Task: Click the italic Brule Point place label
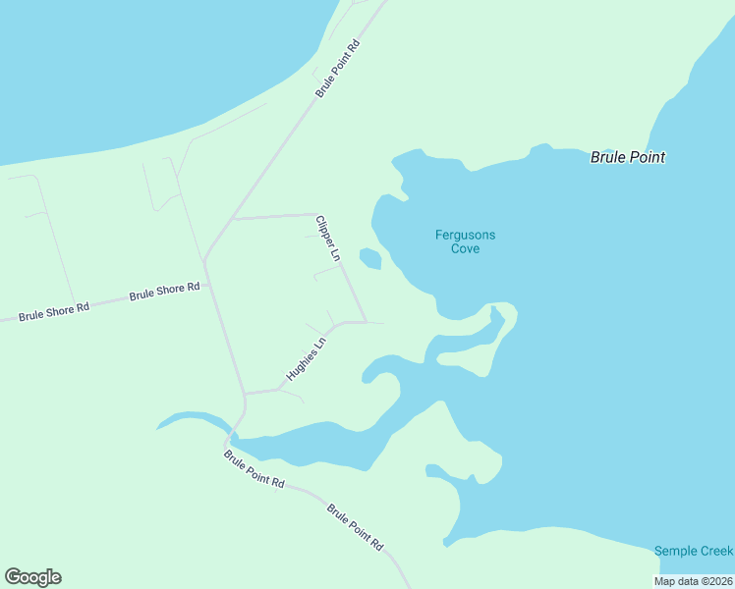coord(627,157)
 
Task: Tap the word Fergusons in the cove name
coord(465,235)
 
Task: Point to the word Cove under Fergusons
coord(465,249)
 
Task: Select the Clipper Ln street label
coord(328,238)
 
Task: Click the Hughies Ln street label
coord(306,360)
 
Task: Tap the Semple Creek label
coord(694,551)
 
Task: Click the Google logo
coord(32,577)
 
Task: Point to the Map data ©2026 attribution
coord(694,581)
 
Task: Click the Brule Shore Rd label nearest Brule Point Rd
coord(165,292)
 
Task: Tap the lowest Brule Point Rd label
coord(356,527)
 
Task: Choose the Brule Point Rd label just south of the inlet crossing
coord(254,470)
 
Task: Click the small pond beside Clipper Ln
coord(370,258)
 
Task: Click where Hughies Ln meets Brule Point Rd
coord(245,393)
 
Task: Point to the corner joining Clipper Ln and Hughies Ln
coord(366,322)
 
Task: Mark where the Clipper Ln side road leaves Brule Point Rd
coord(233,218)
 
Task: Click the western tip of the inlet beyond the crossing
coord(158,427)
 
